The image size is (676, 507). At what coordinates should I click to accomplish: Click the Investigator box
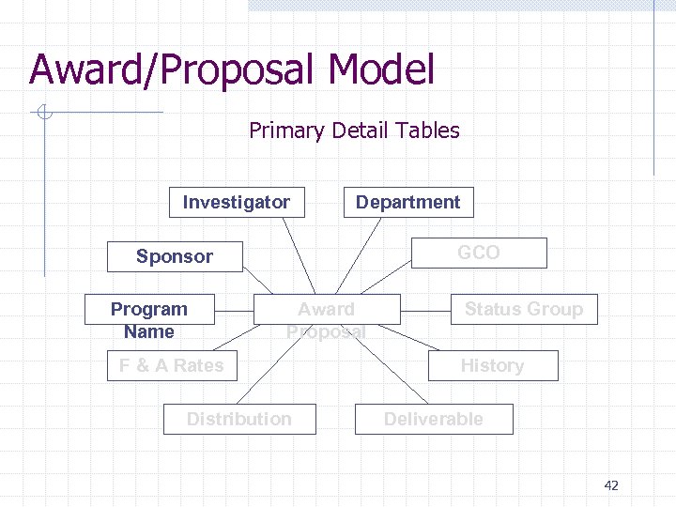[237, 202]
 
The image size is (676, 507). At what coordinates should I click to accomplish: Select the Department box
[407, 202]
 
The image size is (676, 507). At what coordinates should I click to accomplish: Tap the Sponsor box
[175, 256]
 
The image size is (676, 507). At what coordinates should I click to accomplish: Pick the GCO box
[479, 253]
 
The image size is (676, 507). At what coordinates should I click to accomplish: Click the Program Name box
[148, 320]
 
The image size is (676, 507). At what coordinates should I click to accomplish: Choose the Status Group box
[524, 309]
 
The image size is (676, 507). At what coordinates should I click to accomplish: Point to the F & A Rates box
[172, 365]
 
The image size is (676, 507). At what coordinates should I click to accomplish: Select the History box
[492, 365]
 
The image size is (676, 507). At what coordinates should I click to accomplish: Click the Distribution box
[239, 419]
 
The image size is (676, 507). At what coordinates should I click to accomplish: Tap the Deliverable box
[434, 419]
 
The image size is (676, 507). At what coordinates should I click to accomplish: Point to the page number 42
[611, 485]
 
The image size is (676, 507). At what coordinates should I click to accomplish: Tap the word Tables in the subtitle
[428, 131]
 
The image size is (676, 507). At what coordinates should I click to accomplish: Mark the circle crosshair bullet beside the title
[43, 114]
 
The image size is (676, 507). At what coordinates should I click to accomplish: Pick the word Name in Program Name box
[148, 331]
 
